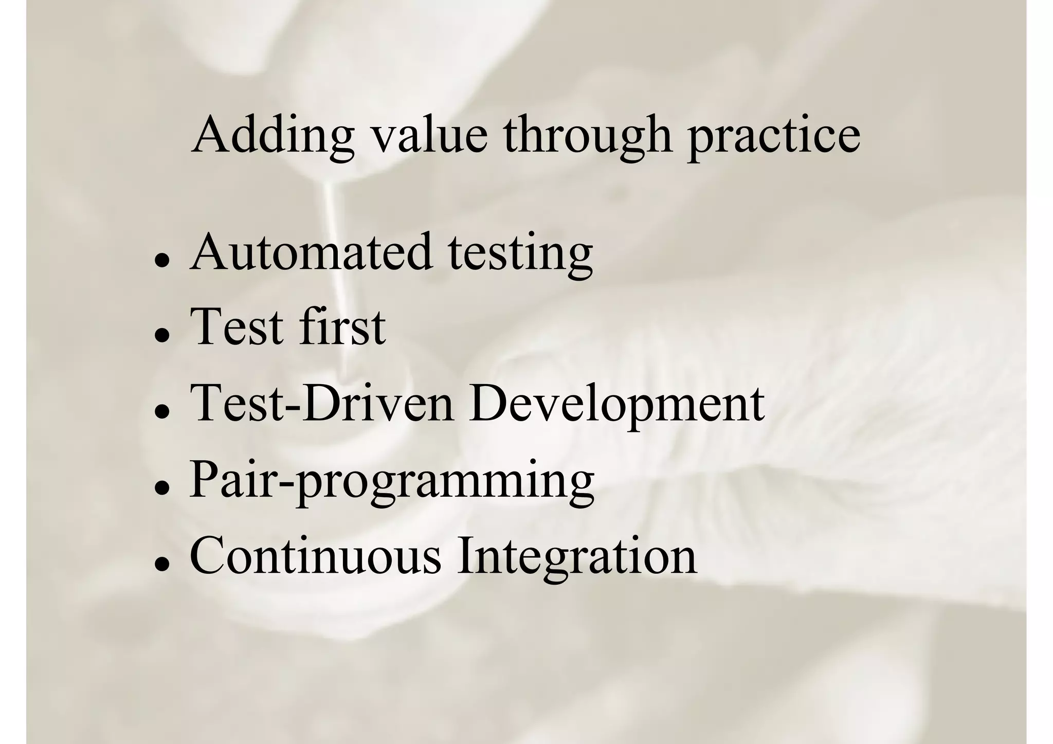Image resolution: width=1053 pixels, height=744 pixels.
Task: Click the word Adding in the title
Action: point(273,135)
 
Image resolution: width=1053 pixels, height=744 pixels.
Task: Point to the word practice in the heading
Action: point(774,135)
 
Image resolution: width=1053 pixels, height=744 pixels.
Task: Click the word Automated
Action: point(311,252)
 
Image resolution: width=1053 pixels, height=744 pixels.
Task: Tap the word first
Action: point(342,326)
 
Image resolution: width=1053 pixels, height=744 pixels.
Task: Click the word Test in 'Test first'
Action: point(237,326)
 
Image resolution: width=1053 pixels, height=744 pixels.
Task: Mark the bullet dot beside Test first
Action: point(162,335)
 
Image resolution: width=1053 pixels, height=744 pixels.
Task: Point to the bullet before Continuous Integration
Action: point(162,564)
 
